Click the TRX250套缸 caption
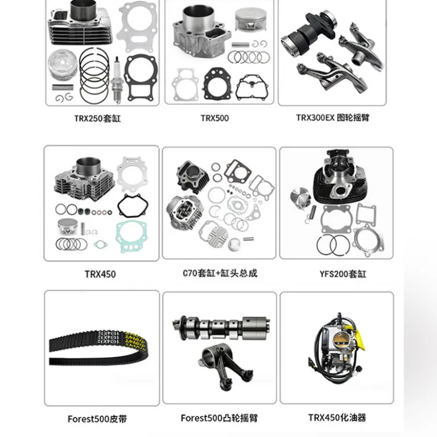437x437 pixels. [x=97, y=118]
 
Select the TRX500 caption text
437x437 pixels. [x=215, y=118]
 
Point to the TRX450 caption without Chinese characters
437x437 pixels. [x=100, y=274]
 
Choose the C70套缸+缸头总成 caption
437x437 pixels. [x=220, y=273]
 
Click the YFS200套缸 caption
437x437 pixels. [x=343, y=274]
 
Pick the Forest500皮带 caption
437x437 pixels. [x=97, y=419]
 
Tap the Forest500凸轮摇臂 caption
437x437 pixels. [x=219, y=418]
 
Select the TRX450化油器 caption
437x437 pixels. [x=337, y=418]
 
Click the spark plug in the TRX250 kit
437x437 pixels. [x=117, y=80]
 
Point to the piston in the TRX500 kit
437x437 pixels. [x=250, y=19]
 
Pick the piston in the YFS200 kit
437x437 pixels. [x=300, y=198]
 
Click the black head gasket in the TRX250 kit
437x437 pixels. [x=140, y=77]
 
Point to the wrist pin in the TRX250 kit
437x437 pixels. [x=63, y=87]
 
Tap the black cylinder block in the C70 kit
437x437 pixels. [x=192, y=176]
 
